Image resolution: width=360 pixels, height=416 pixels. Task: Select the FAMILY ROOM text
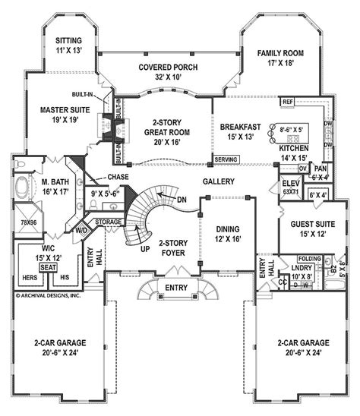click(279, 53)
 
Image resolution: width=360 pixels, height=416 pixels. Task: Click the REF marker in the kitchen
click(288, 102)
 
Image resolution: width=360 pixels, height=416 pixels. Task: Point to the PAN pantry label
click(321, 169)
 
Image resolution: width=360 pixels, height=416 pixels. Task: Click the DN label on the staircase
click(180, 200)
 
